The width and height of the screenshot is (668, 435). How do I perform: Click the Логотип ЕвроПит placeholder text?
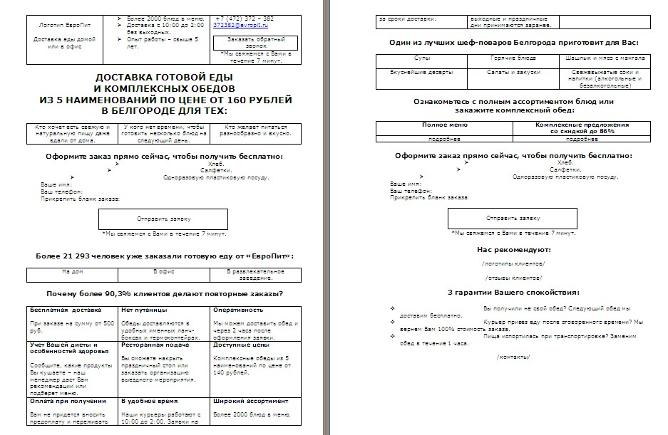(x=61, y=25)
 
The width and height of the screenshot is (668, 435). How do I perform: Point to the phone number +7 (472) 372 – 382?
(x=244, y=18)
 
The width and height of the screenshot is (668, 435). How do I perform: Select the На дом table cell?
(x=73, y=271)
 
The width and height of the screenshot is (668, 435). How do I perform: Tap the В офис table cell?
(x=165, y=271)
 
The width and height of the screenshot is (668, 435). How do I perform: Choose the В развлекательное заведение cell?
(x=255, y=274)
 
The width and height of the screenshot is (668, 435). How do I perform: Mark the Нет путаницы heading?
(x=144, y=310)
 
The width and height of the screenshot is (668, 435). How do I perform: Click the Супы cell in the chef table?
(x=422, y=57)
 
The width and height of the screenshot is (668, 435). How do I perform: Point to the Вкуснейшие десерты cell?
(x=422, y=72)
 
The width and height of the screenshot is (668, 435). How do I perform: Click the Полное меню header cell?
(x=445, y=125)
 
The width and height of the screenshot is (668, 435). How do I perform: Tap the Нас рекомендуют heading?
(x=513, y=250)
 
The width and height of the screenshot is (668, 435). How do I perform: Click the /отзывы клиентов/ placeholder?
(x=513, y=278)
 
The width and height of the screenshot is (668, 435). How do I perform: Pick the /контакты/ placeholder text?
(x=513, y=356)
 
